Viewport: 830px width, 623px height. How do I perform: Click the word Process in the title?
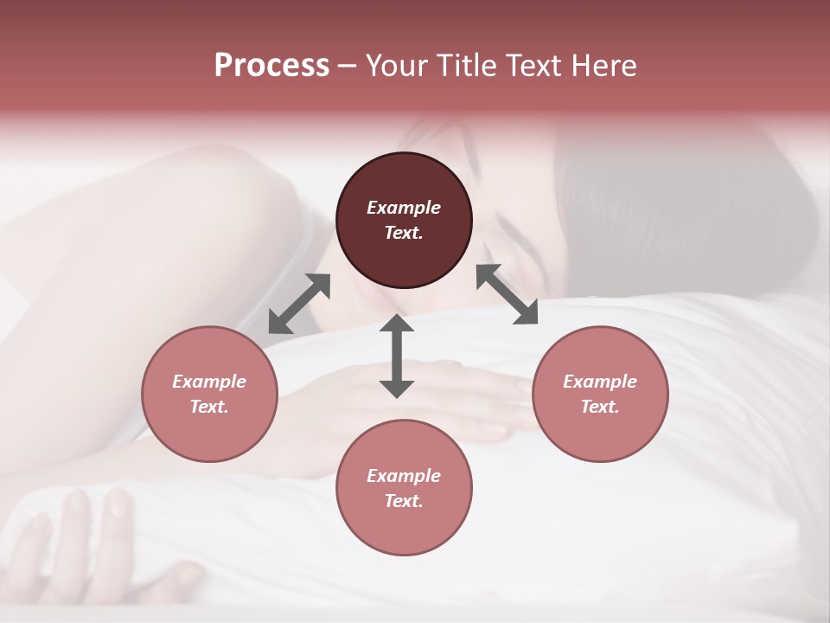click(271, 66)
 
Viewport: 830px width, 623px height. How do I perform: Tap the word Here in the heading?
click(600, 66)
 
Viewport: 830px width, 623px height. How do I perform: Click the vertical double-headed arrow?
click(397, 356)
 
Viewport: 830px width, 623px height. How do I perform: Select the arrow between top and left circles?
click(299, 304)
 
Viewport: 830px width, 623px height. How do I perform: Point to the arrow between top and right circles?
click(507, 294)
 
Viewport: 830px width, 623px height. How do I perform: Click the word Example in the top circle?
click(404, 208)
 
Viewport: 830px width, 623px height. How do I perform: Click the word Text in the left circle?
click(209, 407)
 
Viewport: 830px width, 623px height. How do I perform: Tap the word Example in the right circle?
click(600, 382)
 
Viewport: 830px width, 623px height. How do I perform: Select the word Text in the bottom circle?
click(404, 501)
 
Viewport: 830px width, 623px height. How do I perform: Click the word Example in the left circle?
click(209, 382)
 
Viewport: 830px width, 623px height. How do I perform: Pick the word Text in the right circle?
click(600, 407)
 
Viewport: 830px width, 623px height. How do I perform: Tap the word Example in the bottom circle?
click(404, 476)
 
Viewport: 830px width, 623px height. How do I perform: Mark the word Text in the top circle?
click(404, 233)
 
